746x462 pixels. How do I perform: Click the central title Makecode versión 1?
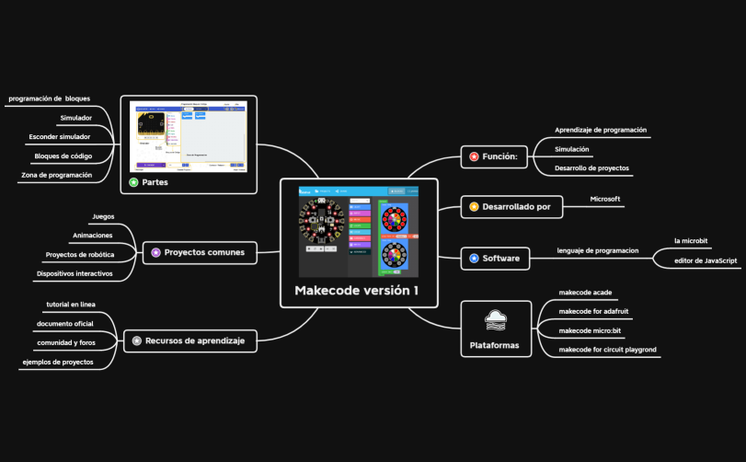[357, 291]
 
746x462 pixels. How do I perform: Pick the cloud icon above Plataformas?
[495, 320]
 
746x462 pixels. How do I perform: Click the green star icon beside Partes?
[133, 182]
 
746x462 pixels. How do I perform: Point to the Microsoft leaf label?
[604, 199]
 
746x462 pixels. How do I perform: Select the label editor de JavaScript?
[706, 260]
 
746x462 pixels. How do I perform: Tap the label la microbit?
[690, 240]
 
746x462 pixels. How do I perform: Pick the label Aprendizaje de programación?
[601, 130]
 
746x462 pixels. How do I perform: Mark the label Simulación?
[572, 149]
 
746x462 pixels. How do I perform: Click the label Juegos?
[103, 217]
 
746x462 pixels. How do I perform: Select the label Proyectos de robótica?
[80, 254]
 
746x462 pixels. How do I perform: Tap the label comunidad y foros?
[65, 342]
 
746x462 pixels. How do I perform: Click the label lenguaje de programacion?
[598, 250]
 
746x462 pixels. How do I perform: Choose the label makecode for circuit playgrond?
[608, 349]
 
